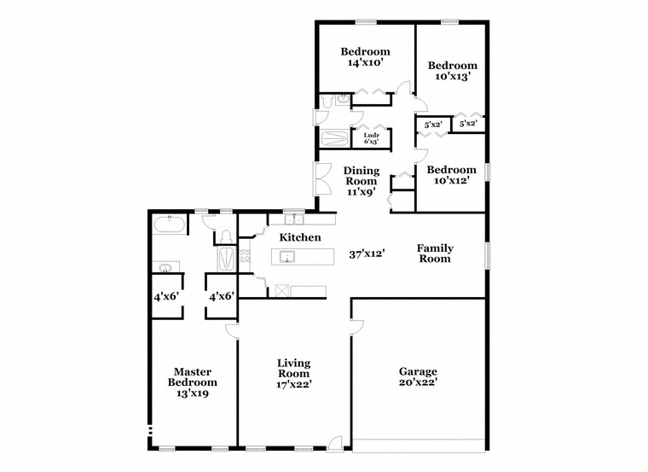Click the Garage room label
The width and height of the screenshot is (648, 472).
click(x=418, y=376)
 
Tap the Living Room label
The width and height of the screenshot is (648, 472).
click(x=293, y=373)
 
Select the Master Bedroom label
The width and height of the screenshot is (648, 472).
click(x=192, y=382)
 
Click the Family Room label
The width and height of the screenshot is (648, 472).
click(x=434, y=253)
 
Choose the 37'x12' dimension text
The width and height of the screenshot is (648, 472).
click(x=367, y=253)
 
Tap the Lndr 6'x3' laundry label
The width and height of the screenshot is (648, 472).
click(x=371, y=137)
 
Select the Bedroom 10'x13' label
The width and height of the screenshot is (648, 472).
click(x=452, y=71)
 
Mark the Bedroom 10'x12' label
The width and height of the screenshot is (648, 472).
click(x=451, y=175)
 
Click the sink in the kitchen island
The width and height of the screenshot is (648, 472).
click(x=288, y=256)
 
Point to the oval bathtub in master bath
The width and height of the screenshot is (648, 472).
click(x=168, y=225)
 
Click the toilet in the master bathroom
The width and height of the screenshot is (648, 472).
click(x=225, y=236)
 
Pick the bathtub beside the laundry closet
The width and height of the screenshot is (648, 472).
click(x=335, y=138)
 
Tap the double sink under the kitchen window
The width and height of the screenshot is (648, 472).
click(x=293, y=219)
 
